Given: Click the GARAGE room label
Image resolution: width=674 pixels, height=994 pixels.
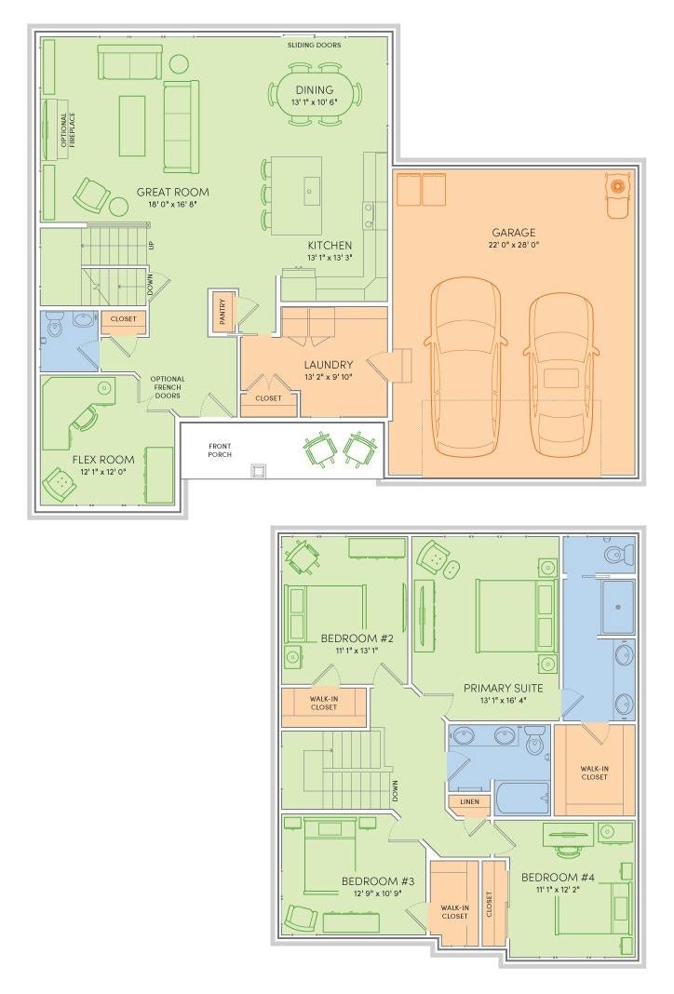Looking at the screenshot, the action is pyautogui.click(x=514, y=232).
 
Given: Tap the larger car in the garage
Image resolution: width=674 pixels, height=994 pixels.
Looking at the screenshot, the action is pyautogui.click(x=466, y=367).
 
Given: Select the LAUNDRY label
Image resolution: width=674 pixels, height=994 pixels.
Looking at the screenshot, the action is pyautogui.click(x=328, y=365).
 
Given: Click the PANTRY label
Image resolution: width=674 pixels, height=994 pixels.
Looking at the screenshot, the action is pyautogui.click(x=222, y=313).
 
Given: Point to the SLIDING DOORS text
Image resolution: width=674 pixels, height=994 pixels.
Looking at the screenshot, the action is pyautogui.click(x=314, y=45).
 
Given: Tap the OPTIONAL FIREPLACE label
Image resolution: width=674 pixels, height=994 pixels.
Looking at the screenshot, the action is pyautogui.click(x=68, y=130).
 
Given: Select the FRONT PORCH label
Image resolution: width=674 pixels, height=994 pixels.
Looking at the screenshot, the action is pyautogui.click(x=220, y=450).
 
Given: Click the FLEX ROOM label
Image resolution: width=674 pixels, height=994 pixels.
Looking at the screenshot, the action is pyautogui.click(x=103, y=459).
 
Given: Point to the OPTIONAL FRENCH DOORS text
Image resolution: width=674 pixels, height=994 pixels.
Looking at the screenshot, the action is pyautogui.click(x=168, y=387).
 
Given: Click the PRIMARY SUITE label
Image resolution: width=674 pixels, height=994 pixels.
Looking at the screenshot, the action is pyautogui.click(x=503, y=688).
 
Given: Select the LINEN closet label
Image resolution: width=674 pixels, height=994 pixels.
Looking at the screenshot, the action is pyautogui.click(x=470, y=801).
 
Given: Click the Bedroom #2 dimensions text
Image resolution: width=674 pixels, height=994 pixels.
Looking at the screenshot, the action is pyautogui.click(x=357, y=651).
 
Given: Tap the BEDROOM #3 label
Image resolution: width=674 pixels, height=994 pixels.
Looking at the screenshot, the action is pyautogui.click(x=378, y=881).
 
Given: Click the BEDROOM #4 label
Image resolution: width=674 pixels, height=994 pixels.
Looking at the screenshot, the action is pyautogui.click(x=558, y=878).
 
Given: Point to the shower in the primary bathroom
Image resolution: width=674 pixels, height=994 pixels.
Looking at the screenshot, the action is pyautogui.click(x=617, y=607).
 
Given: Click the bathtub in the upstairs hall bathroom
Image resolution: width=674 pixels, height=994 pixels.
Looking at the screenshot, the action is pyautogui.click(x=522, y=799).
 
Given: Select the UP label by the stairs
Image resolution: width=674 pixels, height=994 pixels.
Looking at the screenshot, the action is pyautogui.click(x=151, y=246).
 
